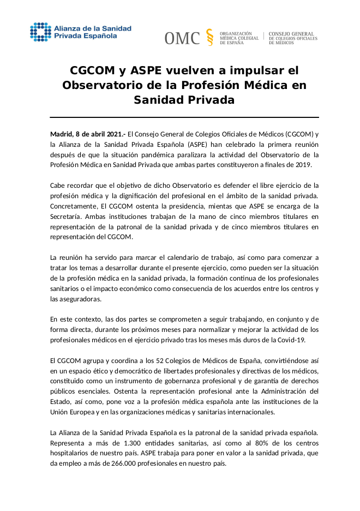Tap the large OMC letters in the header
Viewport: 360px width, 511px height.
coord(182,38)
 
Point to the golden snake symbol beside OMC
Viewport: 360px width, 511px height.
coord(210,37)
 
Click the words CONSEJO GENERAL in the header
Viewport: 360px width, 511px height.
coord(291,34)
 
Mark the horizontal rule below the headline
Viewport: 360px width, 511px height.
coord(184,117)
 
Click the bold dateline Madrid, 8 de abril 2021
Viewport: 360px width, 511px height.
coord(88,134)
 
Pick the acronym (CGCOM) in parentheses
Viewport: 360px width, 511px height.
coord(299,134)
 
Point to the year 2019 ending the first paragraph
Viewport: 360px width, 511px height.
coord(303,165)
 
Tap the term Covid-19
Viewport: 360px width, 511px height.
coord(291,340)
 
